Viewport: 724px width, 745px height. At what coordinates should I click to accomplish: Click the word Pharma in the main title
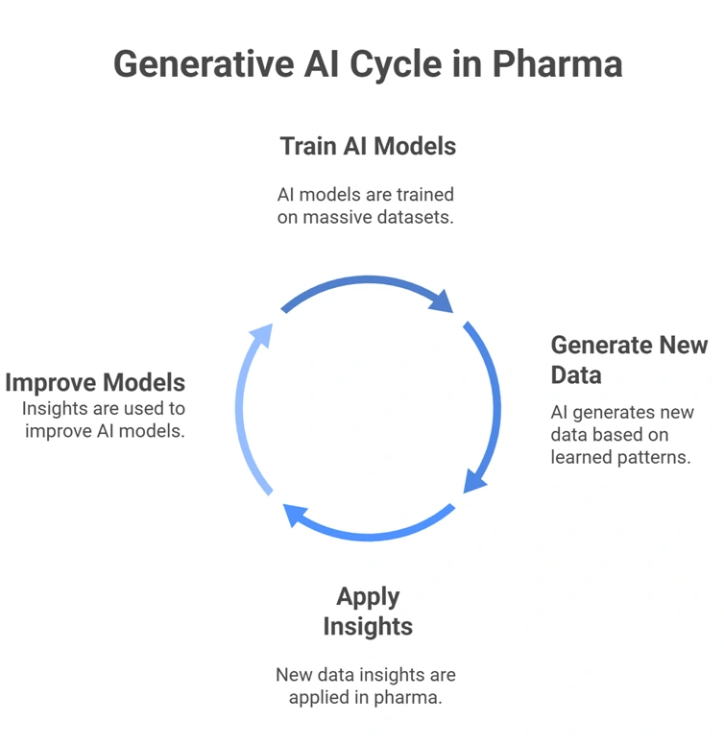pyautogui.click(x=557, y=64)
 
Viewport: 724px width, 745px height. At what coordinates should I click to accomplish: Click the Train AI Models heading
pyautogui.click(x=368, y=146)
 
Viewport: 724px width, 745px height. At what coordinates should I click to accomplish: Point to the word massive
pyautogui.click(x=341, y=217)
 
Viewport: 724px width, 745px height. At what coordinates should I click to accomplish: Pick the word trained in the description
pyautogui.click(x=424, y=195)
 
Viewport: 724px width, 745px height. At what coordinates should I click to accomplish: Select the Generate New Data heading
pyautogui.click(x=628, y=359)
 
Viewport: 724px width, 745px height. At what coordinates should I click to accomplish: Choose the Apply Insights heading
pyautogui.click(x=368, y=612)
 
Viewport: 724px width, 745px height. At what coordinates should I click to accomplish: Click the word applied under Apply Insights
pyautogui.click(x=321, y=698)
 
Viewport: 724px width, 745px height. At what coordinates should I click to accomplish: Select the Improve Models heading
pyautogui.click(x=95, y=382)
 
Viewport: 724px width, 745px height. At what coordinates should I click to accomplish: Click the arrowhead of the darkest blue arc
pyautogui.click(x=443, y=301)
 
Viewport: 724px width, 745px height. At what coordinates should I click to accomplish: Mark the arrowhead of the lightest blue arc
pyautogui.click(x=261, y=335)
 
